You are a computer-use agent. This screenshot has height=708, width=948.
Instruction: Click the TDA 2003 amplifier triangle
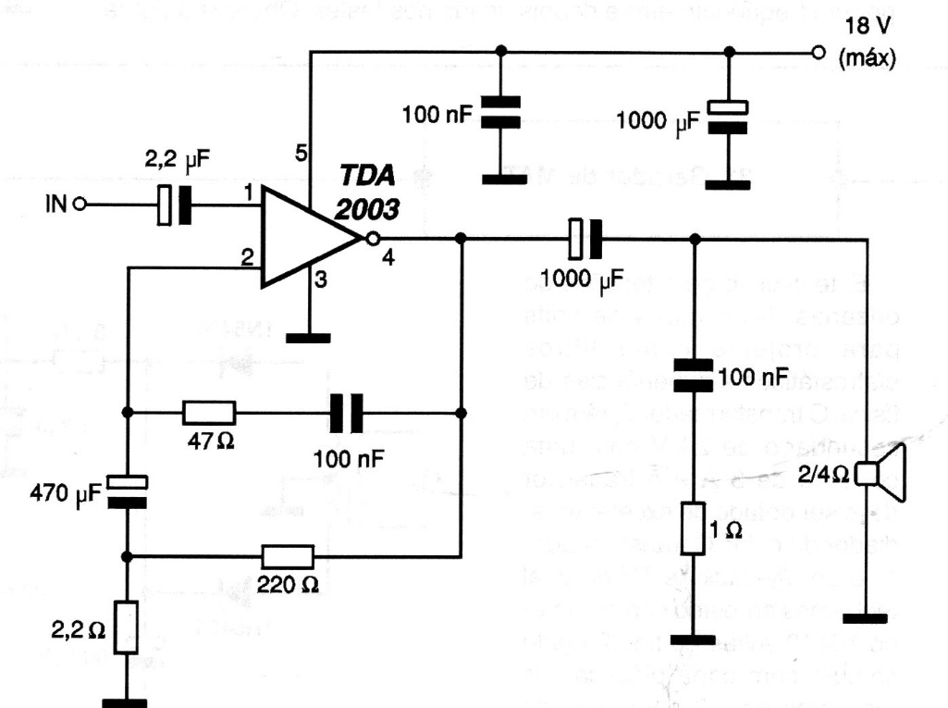point(305,238)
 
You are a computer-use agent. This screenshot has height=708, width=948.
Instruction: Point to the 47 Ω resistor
point(209,412)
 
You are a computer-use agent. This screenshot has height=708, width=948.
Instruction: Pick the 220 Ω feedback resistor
point(288,556)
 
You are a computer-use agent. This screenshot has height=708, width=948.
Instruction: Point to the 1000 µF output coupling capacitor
point(584,239)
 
